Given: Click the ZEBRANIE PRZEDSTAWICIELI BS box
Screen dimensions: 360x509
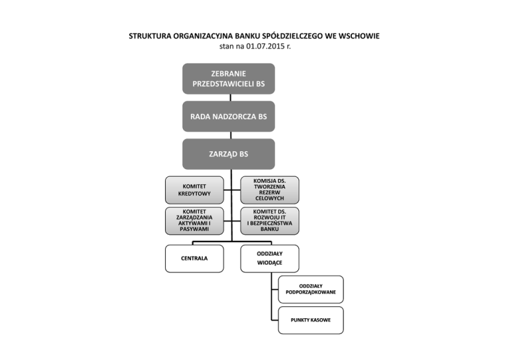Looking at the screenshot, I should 228,78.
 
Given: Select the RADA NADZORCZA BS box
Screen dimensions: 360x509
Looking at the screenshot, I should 228,116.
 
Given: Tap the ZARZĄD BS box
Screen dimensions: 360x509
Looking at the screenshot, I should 228,154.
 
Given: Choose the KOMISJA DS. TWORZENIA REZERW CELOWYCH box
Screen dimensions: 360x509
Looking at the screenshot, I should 269,189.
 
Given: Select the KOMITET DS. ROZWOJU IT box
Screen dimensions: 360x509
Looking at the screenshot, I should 269,220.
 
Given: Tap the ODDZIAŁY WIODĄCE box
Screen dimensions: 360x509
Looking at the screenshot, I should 269,258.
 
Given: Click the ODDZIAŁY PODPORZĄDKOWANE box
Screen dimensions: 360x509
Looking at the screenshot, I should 311,288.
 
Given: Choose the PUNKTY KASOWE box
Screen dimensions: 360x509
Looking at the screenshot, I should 311,320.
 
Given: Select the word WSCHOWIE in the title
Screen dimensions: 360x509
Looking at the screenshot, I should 357,36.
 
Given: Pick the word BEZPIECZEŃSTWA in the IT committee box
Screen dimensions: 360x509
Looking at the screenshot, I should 269,223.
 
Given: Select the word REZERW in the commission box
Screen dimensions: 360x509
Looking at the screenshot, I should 269,192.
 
